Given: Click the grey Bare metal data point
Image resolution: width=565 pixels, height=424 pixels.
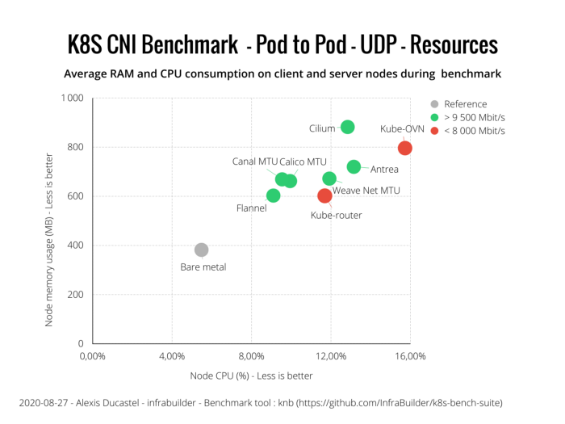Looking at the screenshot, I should click(202, 250).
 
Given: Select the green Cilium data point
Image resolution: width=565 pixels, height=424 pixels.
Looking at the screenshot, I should click(347, 127).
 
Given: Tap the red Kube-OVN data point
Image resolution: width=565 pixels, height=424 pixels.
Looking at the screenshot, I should click(405, 148).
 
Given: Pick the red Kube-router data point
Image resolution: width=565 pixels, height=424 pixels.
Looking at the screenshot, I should click(324, 195).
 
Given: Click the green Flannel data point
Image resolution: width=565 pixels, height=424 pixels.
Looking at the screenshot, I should click(273, 195).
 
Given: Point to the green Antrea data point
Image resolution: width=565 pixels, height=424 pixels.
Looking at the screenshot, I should click(354, 167).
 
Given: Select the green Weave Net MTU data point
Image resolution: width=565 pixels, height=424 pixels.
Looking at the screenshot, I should click(329, 178).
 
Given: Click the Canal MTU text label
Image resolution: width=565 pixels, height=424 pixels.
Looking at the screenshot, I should click(255, 162).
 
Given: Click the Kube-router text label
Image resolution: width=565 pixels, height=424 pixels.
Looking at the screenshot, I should click(337, 216).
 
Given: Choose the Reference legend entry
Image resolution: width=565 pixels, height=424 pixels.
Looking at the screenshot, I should click(465, 104).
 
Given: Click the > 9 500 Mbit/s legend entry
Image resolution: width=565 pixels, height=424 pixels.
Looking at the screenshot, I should click(474, 117).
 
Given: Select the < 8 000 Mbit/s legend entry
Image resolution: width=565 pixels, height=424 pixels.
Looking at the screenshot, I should click(474, 131).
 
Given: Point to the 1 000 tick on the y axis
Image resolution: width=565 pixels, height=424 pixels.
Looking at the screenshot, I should click(71, 99).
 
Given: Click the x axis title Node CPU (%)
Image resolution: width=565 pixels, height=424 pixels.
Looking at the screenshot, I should click(251, 376).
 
